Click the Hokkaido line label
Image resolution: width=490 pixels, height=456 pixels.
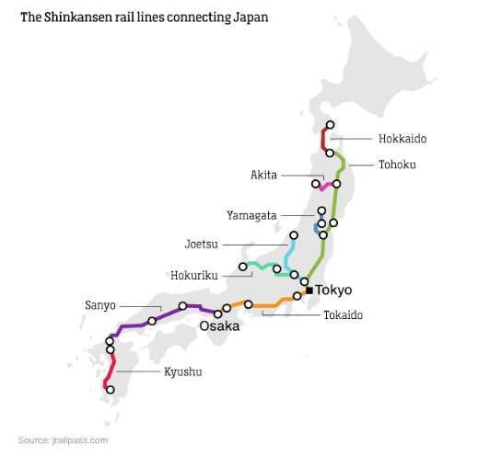point(403,139)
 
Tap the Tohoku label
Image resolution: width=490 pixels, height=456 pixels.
point(397,165)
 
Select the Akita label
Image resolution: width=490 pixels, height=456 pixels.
point(264,175)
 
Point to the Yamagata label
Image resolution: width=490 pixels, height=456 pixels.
point(251,215)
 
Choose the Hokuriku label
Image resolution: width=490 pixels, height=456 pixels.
point(194,275)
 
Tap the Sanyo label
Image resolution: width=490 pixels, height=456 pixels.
point(100,304)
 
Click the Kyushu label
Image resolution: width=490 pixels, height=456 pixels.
point(182,371)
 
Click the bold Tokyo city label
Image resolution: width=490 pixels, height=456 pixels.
point(334,291)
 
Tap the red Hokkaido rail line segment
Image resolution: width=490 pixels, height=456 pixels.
point(323,139)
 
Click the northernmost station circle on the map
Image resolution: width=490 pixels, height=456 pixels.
point(330,125)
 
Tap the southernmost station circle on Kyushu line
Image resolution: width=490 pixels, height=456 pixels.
point(111,390)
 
